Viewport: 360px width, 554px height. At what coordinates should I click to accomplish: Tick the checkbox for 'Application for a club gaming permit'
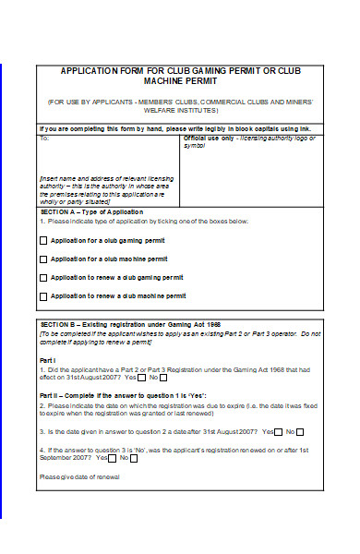click(x=43, y=240)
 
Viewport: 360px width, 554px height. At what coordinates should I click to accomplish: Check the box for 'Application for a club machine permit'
click(x=43, y=259)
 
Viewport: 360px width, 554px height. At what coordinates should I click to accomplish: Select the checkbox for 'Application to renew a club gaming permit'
click(x=43, y=277)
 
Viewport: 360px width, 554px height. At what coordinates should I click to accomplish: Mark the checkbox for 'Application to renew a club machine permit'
click(x=43, y=296)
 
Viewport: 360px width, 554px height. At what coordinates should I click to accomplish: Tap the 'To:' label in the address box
click(x=43, y=138)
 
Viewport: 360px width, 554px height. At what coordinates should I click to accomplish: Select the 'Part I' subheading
click(x=48, y=358)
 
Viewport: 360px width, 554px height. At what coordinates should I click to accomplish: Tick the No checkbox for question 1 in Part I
click(x=163, y=377)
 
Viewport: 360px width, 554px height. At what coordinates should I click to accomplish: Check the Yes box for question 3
click(x=279, y=431)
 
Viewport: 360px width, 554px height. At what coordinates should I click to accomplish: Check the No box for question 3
click(x=301, y=431)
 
